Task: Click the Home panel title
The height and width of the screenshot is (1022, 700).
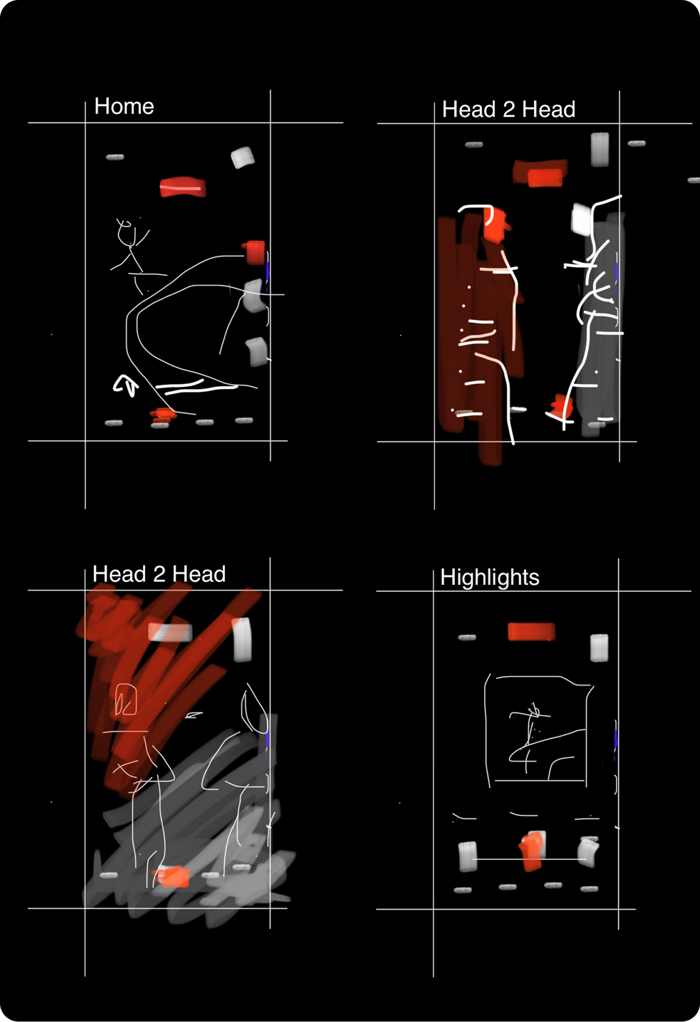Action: (124, 106)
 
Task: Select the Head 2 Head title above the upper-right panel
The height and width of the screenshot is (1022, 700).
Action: (509, 109)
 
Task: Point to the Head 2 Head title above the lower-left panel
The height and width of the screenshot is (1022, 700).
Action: (159, 574)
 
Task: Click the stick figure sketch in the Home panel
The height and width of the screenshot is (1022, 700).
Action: (131, 254)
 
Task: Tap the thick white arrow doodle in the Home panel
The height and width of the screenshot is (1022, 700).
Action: (125, 385)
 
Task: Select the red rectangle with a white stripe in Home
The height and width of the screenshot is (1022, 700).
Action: (183, 187)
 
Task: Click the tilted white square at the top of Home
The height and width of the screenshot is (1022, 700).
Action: (242, 157)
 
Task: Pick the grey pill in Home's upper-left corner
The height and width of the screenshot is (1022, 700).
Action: (115, 157)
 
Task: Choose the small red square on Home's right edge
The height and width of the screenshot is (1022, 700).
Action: (254, 252)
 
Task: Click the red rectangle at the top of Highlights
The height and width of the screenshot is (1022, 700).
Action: (531, 631)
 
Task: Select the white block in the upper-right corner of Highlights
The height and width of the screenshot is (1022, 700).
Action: (599, 648)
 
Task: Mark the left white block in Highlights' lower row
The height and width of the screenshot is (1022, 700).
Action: (467, 857)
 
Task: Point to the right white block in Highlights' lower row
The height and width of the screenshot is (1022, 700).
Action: (588, 853)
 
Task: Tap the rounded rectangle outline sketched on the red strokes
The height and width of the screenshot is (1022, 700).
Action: (126, 699)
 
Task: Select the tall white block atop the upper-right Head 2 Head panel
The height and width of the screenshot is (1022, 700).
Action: (600, 149)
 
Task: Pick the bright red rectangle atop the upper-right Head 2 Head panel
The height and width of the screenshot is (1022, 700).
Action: (545, 178)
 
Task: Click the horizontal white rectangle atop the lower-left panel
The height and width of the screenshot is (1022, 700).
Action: (170, 632)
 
